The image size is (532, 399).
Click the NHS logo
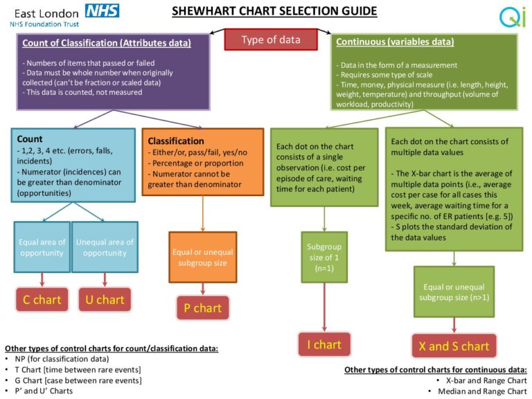coord(102,10)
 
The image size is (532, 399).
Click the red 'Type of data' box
coord(270,39)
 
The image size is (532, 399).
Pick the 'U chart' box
coord(104,299)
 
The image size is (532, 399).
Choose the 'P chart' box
coord(202,308)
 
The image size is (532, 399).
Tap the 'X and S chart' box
coord(454,346)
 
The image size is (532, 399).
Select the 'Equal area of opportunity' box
coord(42,247)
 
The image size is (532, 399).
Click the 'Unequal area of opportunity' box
coord(105,247)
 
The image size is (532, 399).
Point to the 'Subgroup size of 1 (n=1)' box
coord(323,256)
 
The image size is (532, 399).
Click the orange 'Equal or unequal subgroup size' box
coord(202,257)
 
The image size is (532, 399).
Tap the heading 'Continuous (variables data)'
coord(395,42)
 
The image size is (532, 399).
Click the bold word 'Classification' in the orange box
coord(176,141)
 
